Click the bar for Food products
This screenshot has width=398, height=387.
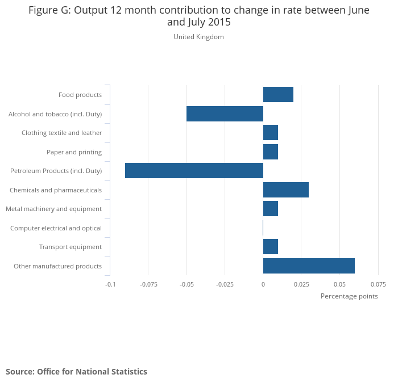tap(278, 95)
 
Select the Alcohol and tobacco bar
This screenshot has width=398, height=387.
tap(225, 114)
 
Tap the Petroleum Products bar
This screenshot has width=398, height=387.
tap(194, 171)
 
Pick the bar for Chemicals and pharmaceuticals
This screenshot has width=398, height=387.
tap(285, 190)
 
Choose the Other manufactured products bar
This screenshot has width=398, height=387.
tap(309, 266)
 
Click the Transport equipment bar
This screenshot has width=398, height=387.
tap(271, 247)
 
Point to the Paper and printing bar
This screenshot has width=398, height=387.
tap(271, 152)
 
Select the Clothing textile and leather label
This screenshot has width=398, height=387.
tap(61, 133)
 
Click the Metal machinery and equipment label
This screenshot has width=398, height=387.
tap(53, 209)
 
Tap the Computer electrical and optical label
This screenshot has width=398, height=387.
tap(56, 228)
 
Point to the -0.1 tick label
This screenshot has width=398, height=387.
tap(110, 284)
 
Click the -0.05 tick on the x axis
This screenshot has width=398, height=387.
tap(186, 284)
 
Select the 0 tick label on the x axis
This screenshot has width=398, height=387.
tap(263, 284)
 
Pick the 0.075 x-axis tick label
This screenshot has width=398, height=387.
tap(378, 284)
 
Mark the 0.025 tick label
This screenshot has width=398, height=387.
tap(301, 284)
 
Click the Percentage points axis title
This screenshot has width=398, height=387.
tap(349, 296)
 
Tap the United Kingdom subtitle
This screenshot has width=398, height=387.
tap(198, 37)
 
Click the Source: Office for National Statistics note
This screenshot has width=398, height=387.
tap(76, 372)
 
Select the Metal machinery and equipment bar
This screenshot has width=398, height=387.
tap(271, 209)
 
